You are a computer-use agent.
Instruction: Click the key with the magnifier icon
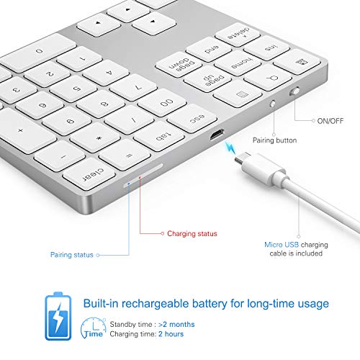(x=262, y=76)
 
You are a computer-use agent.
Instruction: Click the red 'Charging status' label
(x=192, y=233)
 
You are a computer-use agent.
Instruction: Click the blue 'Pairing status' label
(x=73, y=254)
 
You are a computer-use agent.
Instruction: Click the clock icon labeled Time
(x=91, y=330)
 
